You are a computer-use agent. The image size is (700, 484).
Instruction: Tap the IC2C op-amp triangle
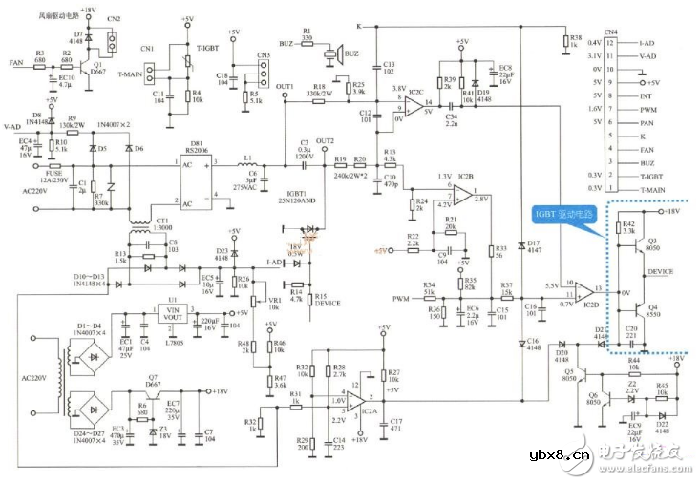[x=413, y=102]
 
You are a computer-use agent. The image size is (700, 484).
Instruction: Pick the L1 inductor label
[x=248, y=158]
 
